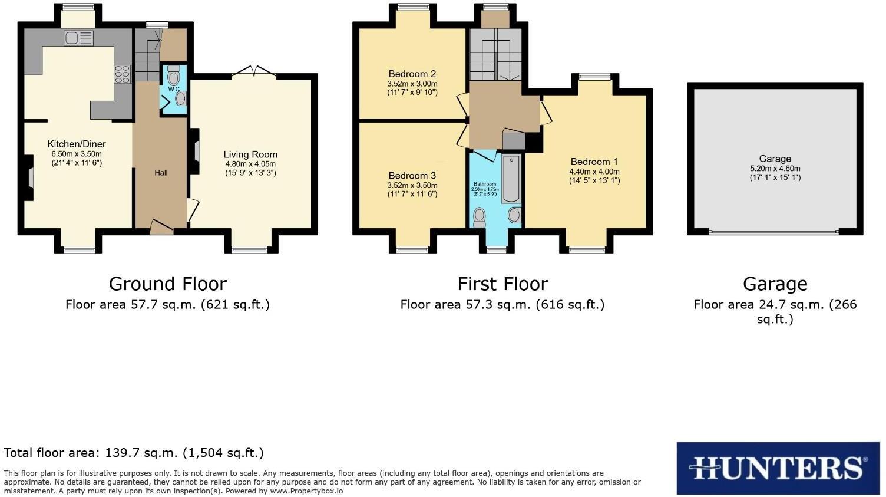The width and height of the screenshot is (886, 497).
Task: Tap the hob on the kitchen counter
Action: pos(123,74)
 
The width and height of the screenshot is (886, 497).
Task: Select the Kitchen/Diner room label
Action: pos(77,144)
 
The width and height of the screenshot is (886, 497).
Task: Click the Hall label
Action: pos(161,173)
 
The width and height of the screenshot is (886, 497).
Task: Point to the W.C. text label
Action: pos(174,89)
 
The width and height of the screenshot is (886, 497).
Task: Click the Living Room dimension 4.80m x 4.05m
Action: pos(250,164)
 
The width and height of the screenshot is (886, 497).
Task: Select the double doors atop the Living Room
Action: pos(254,73)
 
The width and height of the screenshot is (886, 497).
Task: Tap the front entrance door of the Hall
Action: pos(161,228)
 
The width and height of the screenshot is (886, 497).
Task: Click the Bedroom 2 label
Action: pos(412,74)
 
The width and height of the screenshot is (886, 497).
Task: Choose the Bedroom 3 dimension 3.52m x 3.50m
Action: pos(412,185)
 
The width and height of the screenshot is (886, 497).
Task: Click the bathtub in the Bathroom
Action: pos(511,179)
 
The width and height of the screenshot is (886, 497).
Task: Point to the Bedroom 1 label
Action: pos(594,162)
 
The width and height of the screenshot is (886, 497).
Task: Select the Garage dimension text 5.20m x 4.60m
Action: pos(775,168)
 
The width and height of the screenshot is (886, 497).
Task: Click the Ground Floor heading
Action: pos(167,284)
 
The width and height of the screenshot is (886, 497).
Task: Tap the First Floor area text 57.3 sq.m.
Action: pos(502,305)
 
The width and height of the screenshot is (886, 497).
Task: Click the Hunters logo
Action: pos(778,468)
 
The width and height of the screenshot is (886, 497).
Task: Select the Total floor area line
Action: pos(134,453)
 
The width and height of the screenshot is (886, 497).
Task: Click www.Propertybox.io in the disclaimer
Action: pos(306,491)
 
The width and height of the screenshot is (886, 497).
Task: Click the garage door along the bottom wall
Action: pos(774,232)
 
